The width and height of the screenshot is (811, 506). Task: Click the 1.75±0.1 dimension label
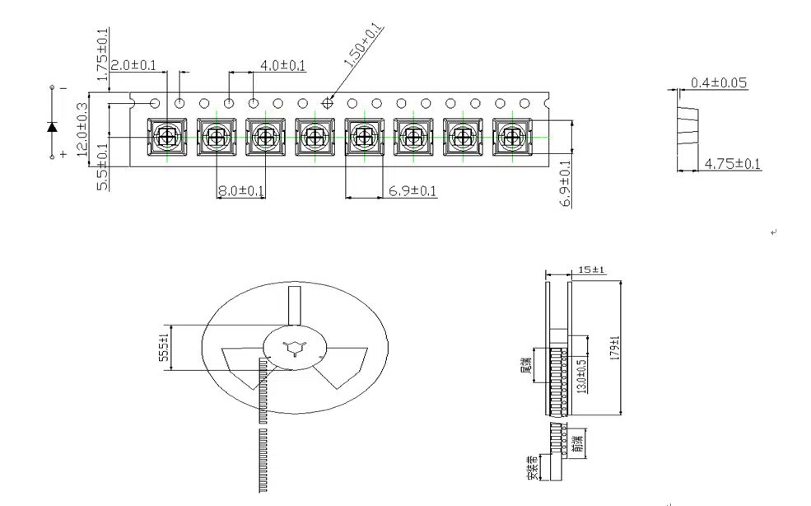tap(102, 54)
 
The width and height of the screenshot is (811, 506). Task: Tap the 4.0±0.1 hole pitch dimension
tap(282, 64)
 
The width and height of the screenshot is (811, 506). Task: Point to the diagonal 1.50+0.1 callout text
tap(362, 46)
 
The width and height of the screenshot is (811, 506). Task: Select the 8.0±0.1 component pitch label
tap(240, 191)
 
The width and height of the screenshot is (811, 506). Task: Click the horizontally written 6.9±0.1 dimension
tap(412, 191)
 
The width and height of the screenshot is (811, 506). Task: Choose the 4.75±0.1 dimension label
tap(733, 165)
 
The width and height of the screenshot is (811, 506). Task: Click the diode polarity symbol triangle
tap(53, 126)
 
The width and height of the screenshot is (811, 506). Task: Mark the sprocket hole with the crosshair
tap(328, 104)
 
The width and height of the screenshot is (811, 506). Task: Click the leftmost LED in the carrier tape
tap(167, 136)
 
